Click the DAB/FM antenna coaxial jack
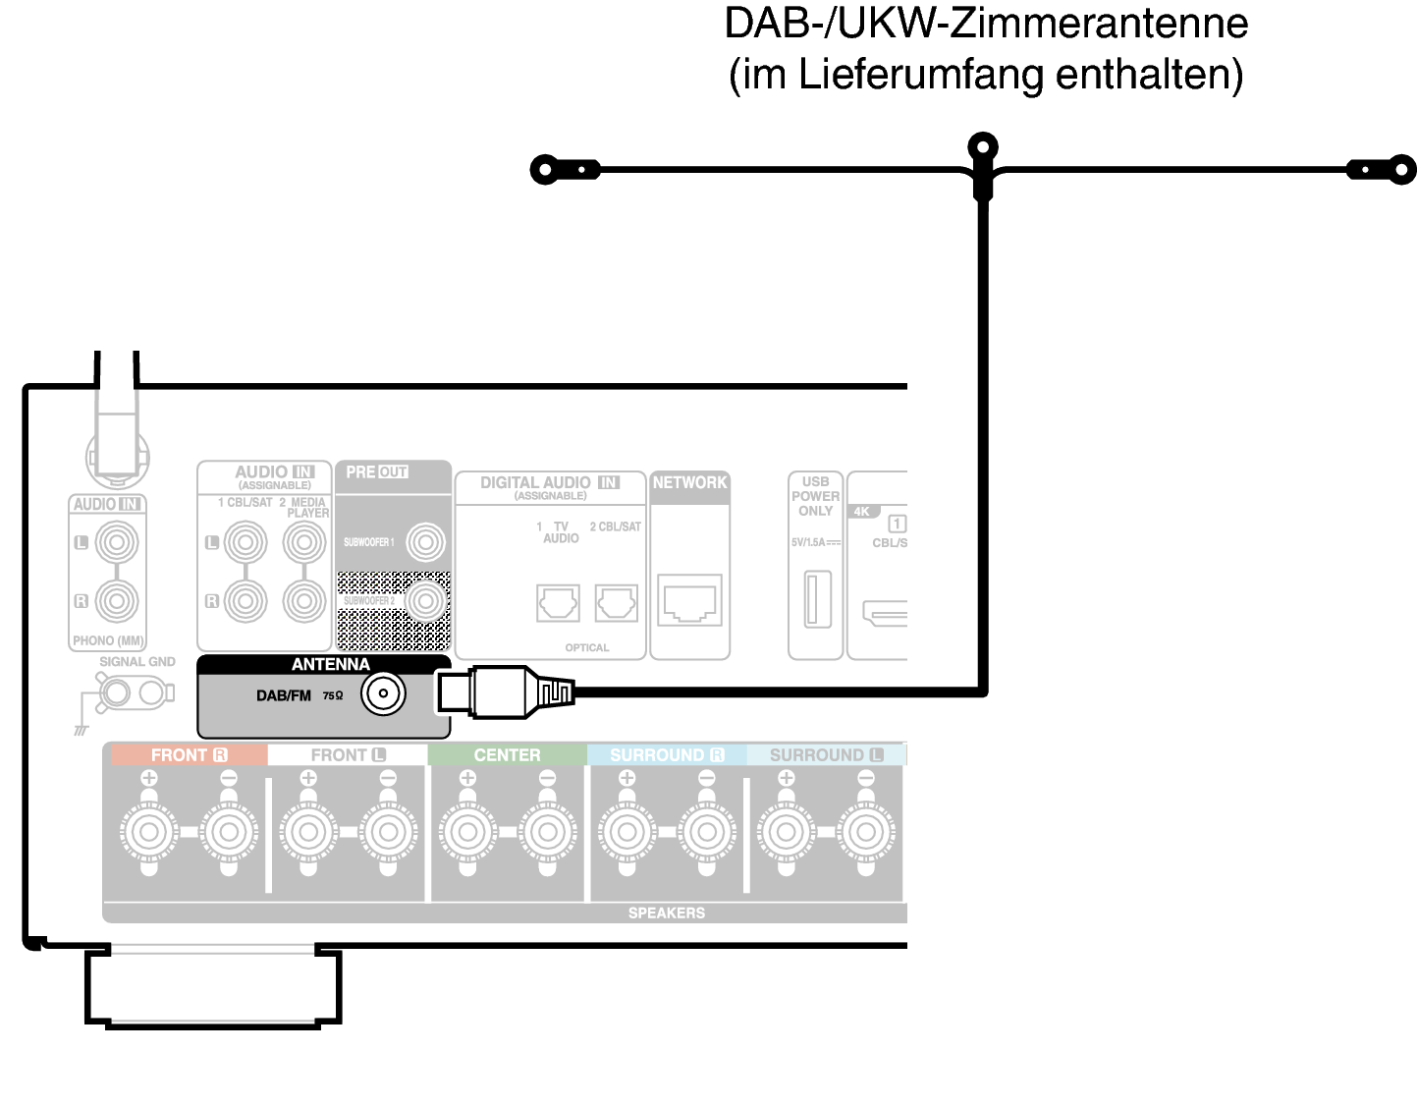coord(383,694)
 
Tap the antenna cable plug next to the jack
coord(501,692)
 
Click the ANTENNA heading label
coord(330,665)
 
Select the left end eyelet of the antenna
coord(544,169)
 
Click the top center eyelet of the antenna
coord(982,148)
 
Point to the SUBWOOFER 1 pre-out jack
coord(425,541)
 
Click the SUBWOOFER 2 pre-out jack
coord(425,600)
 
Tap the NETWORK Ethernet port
coord(689,600)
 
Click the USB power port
coord(817,598)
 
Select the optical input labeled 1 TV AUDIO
coord(558,602)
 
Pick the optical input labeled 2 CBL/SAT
coord(616,602)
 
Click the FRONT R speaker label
coord(189,755)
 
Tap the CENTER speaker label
coord(507,755)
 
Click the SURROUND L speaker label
coord(826,755)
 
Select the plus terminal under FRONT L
coord(308,832)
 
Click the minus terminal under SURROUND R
coord(706,832)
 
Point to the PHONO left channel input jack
coord(117,541)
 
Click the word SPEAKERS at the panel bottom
coord(666,913)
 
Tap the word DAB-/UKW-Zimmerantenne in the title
coord(985,24)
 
